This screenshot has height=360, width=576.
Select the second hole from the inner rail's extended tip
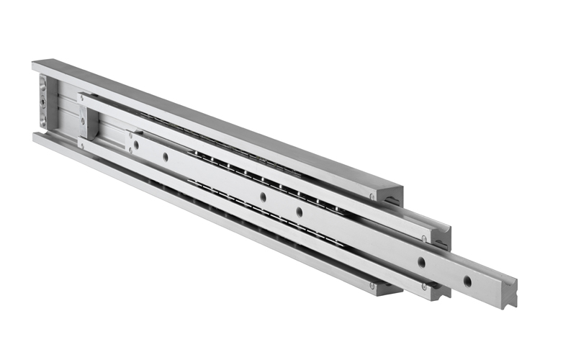coord(422,263)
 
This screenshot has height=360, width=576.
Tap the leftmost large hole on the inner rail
coord(136,145)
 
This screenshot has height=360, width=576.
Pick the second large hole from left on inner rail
coord(165,156)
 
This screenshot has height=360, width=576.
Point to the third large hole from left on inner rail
coord(263,196)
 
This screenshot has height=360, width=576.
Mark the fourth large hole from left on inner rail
coord(299,211)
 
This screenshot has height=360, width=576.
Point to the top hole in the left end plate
coord(43,86)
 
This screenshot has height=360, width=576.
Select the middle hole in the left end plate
coord(43,102)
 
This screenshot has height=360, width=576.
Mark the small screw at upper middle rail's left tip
coord(82,96)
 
